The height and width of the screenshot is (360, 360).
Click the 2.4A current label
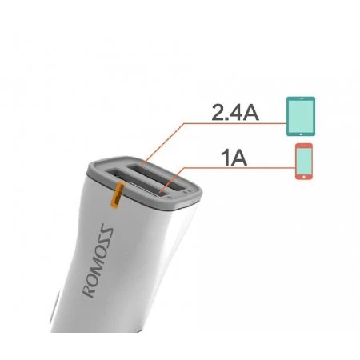(235, 112)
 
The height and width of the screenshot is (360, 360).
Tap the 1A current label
(234, 158)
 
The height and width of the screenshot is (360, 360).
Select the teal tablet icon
(301, 116)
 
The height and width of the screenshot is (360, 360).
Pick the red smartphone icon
(304, 162)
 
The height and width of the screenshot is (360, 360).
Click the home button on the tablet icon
(301, 134)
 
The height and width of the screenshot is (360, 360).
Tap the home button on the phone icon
(304, 176)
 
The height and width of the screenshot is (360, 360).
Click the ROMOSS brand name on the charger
(98, 262)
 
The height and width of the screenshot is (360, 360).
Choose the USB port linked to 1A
(137, 184)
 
